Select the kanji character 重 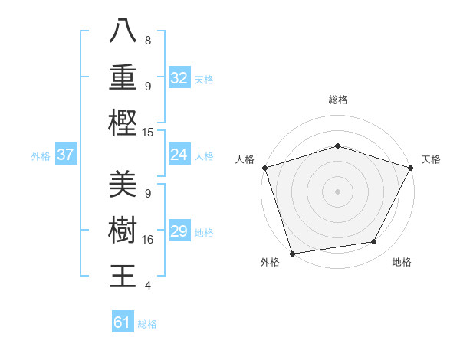[x=123, y=77]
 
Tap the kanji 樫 [x=123, y=123]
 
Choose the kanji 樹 [x=123, y=231]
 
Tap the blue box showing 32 [x=179, y=78]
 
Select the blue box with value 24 [x=179, y=155]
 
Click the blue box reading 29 [x=179, y=232]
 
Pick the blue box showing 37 [x=65, y=155]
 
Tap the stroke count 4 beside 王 [x=147, y=285]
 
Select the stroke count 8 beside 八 [x=147, y=40]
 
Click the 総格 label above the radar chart [x=337, y=100]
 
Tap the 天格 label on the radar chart [x=431, y=159]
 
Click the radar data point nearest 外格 [x=292, y=254]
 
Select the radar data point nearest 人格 [x=264, y=168]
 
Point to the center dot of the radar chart [x=337, y=191]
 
